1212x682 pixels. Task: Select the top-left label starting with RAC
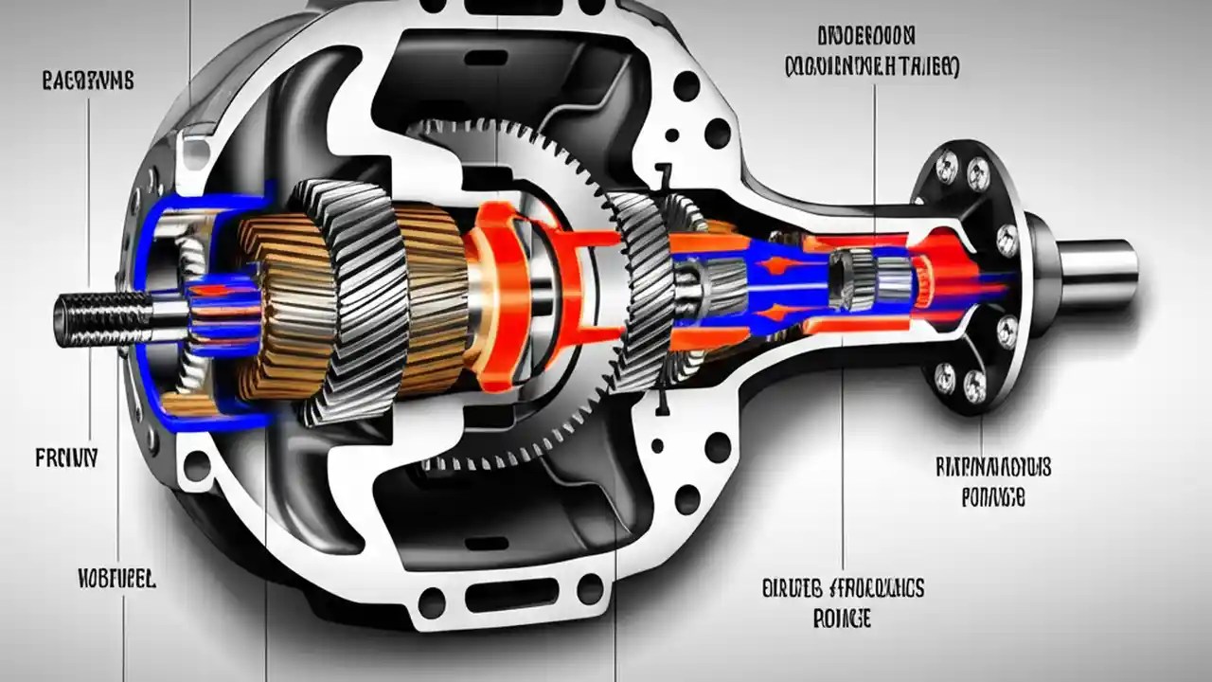pos(88,81)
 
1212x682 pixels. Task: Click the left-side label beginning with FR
pos(66,459)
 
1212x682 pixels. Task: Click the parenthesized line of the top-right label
pos(872,67)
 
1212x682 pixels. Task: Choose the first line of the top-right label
pos(865,37)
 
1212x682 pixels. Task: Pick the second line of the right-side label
pos(992,497)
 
